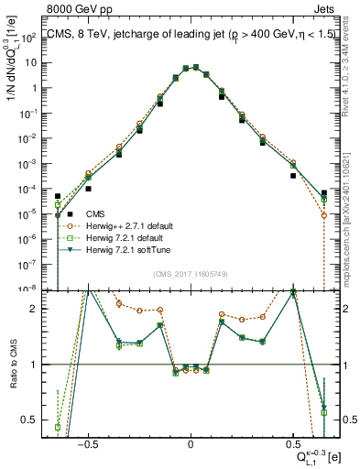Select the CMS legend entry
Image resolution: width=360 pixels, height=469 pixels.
tap(91, 214)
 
